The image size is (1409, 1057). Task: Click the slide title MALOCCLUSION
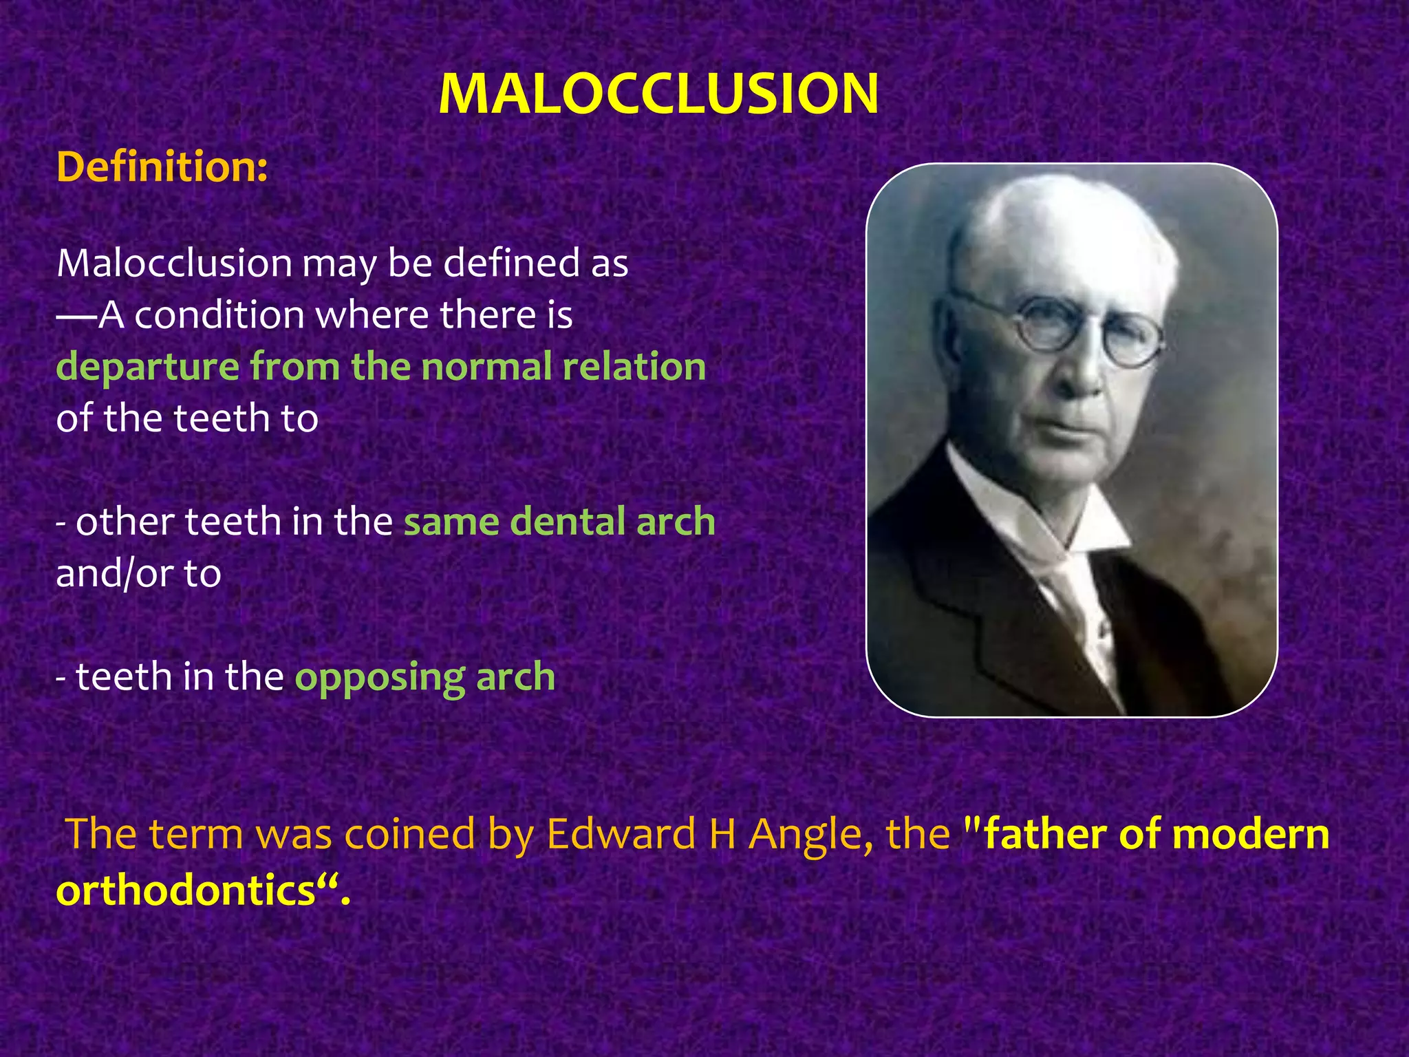[x=658, y=94]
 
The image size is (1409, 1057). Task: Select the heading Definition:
[x=162, y=167]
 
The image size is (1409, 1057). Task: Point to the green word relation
[x=634, y=367]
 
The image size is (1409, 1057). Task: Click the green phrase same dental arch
[x=559, y=522]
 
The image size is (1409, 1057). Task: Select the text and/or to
[x=138, y=573]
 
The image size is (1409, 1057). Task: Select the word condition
[x=219, y=315]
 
